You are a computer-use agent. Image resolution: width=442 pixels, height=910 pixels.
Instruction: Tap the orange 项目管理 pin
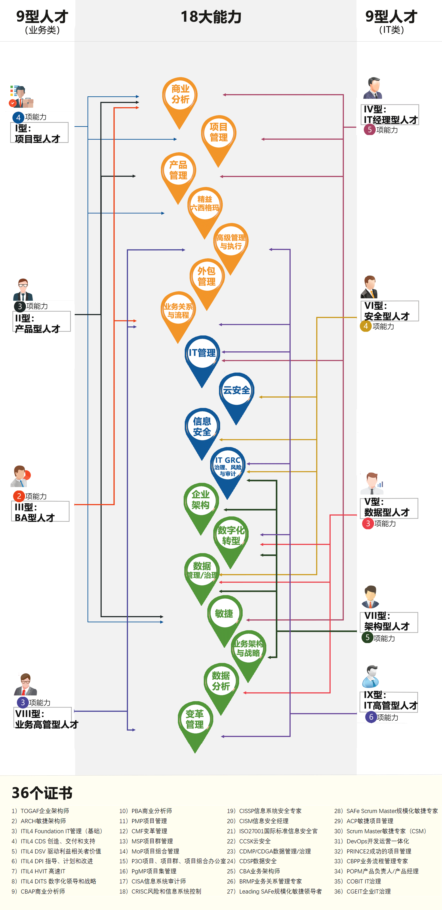219,132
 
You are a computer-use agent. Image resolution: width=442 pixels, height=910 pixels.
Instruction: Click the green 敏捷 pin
224,614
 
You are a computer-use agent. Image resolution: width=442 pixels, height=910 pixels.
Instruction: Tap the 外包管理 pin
207,276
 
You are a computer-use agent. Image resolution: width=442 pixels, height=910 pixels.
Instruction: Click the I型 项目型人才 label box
39,133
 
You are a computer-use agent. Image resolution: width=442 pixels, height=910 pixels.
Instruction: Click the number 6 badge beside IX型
371,717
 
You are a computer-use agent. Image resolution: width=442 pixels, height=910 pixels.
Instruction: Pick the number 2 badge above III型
19,496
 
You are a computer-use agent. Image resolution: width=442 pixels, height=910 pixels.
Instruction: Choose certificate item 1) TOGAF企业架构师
40,811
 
